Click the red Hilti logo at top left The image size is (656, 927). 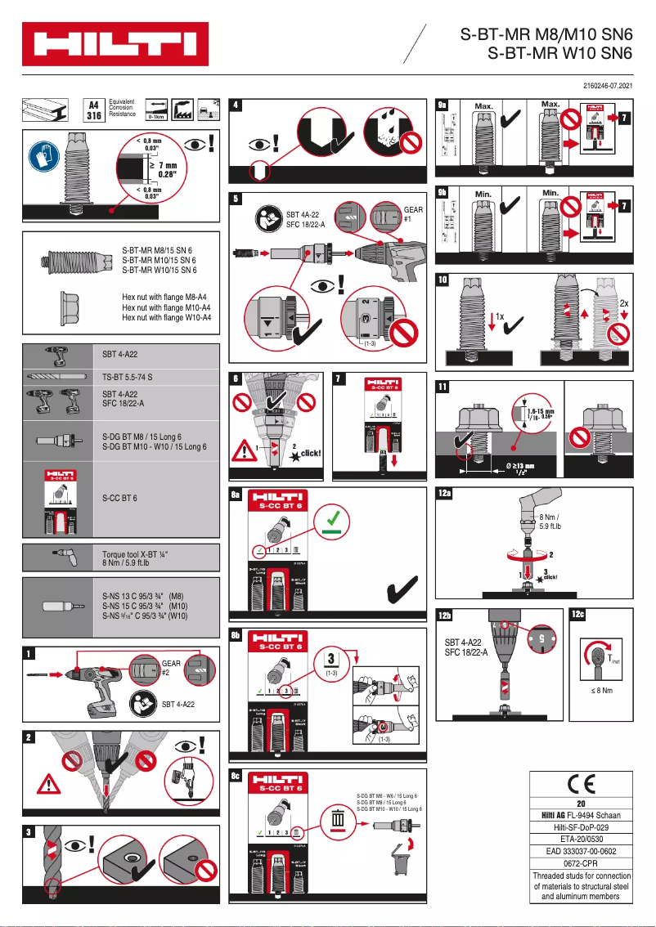click(x=115, y=43)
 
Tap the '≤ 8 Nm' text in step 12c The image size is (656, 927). click(x=601, y=691)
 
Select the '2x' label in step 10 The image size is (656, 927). click(x=623, y=302)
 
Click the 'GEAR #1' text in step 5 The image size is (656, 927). click(x=413, y=214)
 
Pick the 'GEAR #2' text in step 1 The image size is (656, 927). click(x=171, y=669)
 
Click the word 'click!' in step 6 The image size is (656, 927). click(x=310, y=453)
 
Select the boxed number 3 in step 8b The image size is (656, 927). click(x=330, y=658)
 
